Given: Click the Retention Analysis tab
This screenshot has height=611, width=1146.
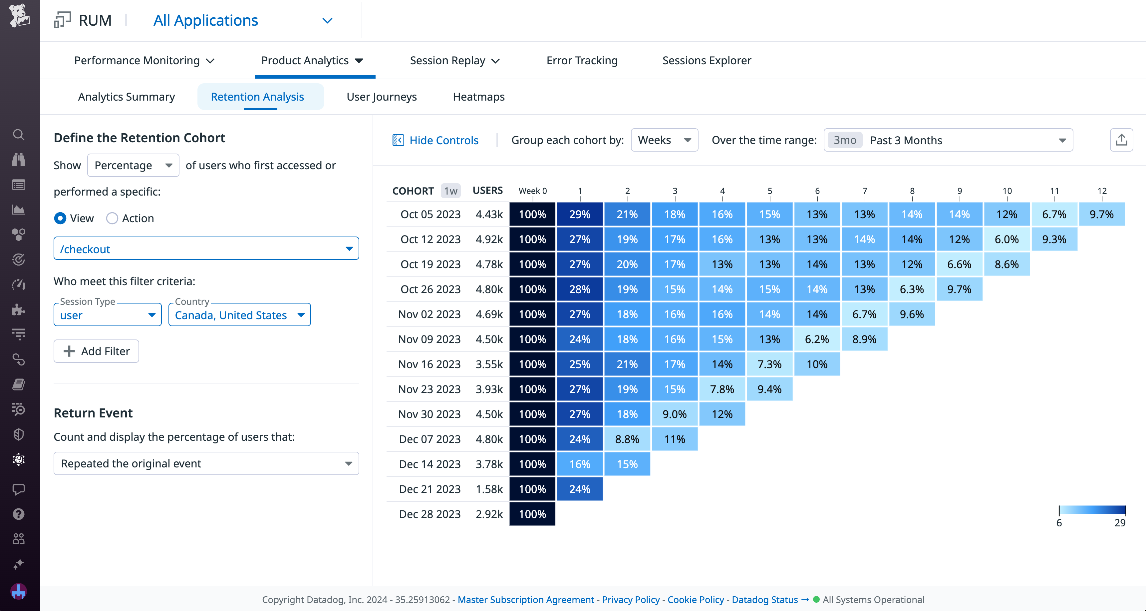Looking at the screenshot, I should pyautogui.click(x=257, y=97).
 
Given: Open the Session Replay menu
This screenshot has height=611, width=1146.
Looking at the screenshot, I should pyautogui.click(x=454, y=61).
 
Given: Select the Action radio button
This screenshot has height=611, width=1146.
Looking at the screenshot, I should pyautogui.click(x=112, y=219).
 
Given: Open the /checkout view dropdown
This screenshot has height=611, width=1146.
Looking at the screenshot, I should pyautogui.click(x=206, y=249).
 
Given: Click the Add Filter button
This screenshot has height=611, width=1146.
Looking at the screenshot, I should pyautogui.click(x=96, y=351).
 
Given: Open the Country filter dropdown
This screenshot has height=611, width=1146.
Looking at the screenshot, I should pyautogui.click(x=239, y=315).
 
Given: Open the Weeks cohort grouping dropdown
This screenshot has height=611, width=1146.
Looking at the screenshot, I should pyautogui.click(x=664, y=140).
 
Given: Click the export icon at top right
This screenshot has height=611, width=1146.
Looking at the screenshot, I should pyautogui.click(x=1121, y=140).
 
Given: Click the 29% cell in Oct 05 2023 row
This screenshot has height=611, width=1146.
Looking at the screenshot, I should pyautogui.click(x=579, y=215).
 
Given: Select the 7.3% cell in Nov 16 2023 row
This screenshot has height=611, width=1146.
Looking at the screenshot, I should pyautogui.click(x=769, y=364).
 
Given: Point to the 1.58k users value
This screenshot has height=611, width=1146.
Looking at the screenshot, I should pyautogui.click(x=488, y=489).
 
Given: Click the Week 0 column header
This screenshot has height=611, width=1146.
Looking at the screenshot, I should pyautogui.click(x=532, y=191).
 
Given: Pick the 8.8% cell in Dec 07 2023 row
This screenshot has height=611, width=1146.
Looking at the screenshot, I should pyautogui.click(x=627, y=439).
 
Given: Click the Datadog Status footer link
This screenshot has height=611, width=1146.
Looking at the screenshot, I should pyautogui.click(x=764, y=599).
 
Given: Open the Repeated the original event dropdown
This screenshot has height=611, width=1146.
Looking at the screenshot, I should pyautogui.click(x=206, y=464).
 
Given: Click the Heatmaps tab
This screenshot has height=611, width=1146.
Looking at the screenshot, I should pyautogui.click(x=478, y=97).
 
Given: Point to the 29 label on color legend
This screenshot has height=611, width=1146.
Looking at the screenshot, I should pyautogui.click(x=1119, y=523).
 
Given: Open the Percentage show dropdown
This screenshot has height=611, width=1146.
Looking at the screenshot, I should pyautogui.click(x=133, y=166).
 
